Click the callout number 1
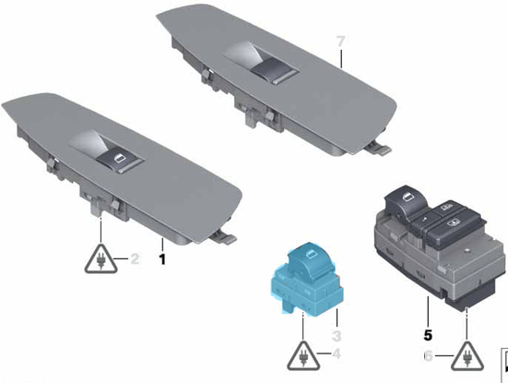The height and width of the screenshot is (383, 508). [x=162, y=259]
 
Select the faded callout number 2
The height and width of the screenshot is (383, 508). [x=135, y=258]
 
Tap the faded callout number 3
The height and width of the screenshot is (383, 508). [x=337, y=336]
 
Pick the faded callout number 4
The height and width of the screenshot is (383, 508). [x=337, y=353]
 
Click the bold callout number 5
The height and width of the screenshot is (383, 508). [x=428, y=335]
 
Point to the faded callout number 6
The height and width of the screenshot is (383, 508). [x=429, y=356]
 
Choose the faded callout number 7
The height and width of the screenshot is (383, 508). [x=340, y=42]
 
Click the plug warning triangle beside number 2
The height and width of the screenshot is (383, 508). [x=101, y=259]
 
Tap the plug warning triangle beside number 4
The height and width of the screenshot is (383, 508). [x=303, y=355]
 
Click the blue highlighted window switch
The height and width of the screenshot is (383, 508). [x=306, y=279]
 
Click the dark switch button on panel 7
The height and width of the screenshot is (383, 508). [x=274, y=70]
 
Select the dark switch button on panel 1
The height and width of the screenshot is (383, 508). [x=120, y=159]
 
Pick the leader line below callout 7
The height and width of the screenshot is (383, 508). [x=341, y=59]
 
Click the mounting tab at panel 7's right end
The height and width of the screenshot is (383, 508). [x=380, y=148]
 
